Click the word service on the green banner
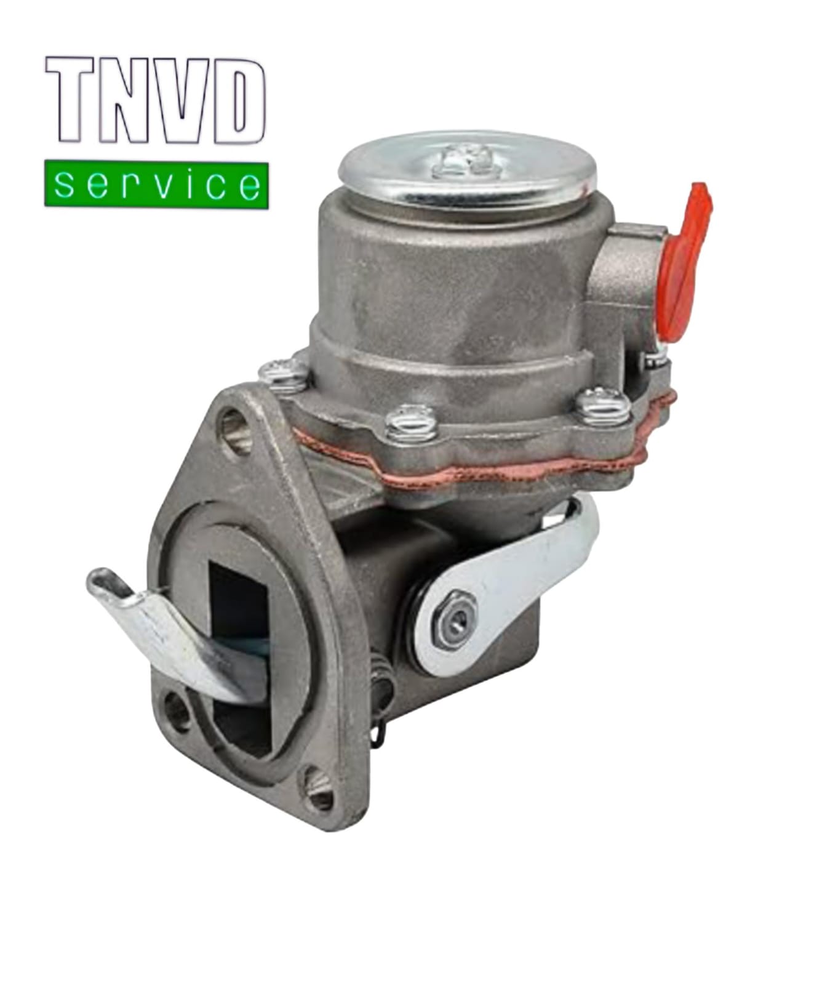(x=156, y=184)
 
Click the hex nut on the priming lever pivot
(x=456, y=625)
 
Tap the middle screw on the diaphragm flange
(x=410, y=424)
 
